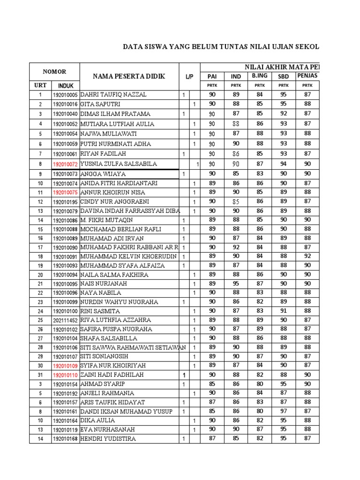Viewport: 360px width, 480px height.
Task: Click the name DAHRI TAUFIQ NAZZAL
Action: pos(113,95)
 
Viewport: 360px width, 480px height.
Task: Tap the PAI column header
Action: pos(212,76)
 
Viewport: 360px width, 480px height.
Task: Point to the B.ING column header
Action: pos(259,75)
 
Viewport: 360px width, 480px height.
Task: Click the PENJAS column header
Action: pos(307,75)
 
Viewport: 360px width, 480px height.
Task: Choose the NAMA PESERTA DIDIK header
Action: pos(128,76)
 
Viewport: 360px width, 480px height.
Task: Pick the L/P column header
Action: pos(189,76)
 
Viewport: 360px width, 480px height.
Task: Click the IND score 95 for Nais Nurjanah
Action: pos(236,284)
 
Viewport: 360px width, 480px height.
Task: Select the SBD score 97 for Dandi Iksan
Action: pos(284,412)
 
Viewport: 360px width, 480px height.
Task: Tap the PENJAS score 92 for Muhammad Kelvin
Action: pos(307,256)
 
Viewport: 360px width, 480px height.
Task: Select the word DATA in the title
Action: pos(132,47)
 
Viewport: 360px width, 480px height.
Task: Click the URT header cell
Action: pos(40,86)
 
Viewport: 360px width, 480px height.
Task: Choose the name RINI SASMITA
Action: pos(100,311)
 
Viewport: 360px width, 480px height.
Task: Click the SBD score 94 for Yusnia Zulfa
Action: pos(284,164)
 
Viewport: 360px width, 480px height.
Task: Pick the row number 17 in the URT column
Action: pos(40,247)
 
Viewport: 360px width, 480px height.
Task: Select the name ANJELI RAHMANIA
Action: pos(107,393)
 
